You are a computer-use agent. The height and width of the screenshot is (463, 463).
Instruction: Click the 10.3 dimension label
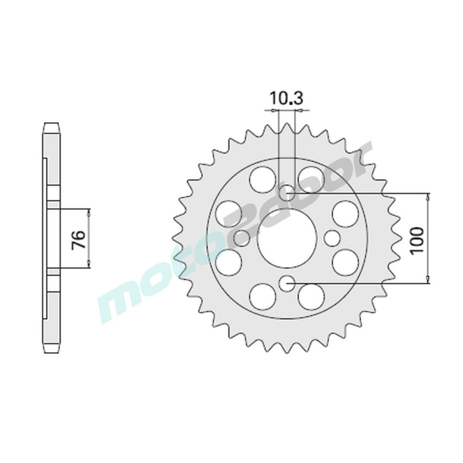(x=286, y=99)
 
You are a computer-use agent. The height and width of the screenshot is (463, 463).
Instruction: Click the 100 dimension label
(x=417, y=240)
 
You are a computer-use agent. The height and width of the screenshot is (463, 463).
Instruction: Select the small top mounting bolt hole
(x=287, y=192)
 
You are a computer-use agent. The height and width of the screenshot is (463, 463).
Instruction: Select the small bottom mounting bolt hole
(x=287, y=283)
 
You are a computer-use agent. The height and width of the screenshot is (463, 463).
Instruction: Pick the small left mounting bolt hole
(x=241, y=238)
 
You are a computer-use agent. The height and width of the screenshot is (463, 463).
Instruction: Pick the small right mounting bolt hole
(x=332, y=238)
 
